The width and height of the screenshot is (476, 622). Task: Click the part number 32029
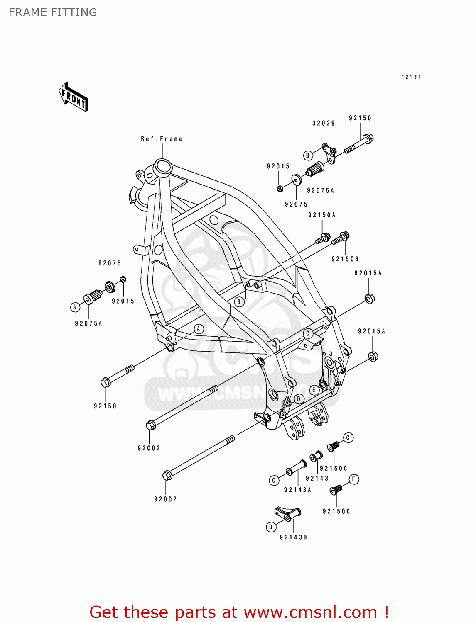point(324,123)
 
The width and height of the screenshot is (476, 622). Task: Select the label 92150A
point(321,215)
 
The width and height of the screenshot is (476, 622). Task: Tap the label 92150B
point(345,259)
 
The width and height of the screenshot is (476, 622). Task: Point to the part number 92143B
point(293,537)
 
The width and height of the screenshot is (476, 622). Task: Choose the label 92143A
point(297,490)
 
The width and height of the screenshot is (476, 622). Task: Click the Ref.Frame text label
point(162,139)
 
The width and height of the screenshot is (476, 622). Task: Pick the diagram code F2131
point(411,77)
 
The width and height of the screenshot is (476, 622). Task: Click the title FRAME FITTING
point(53,12)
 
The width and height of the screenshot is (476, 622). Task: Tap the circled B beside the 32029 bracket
point(308,155)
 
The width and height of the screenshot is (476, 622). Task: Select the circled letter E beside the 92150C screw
point(353,480)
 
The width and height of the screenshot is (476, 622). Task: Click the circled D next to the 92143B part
point(271,527)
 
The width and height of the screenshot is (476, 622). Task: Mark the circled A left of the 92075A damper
point(75,307)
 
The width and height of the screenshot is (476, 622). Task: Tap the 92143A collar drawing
point(295,468)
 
